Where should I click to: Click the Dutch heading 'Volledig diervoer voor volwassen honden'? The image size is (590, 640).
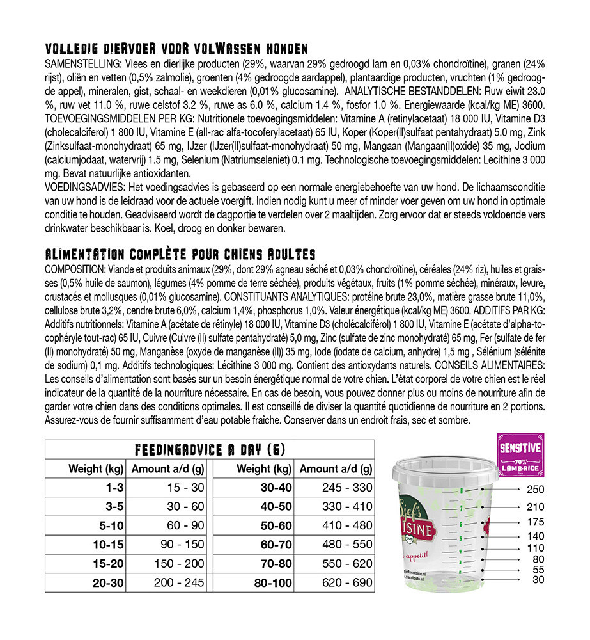[x=177, y=49]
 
